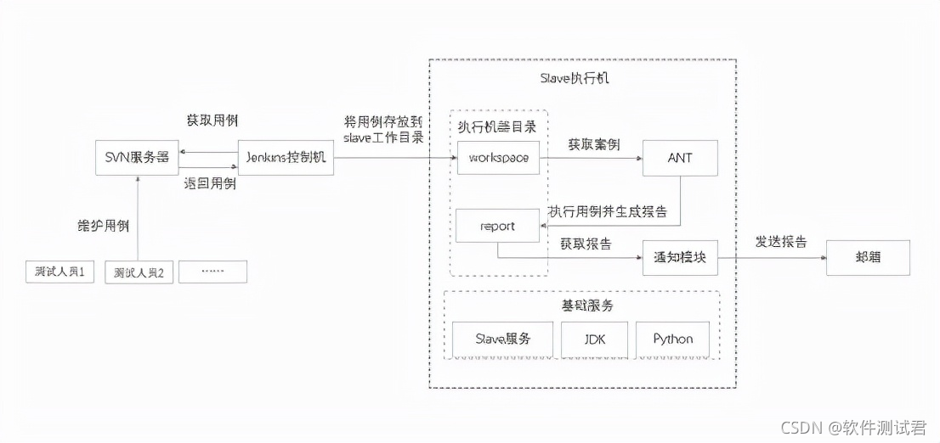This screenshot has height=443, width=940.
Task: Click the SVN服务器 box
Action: tap(137, 158)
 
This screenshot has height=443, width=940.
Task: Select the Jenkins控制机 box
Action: tap(286, 158)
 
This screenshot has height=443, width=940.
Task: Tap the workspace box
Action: tap(498, 158)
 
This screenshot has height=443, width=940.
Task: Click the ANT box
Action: tap(680, 158)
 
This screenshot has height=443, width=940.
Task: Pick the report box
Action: tap(498, 227)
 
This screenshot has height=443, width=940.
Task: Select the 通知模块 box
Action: tap(680, 257)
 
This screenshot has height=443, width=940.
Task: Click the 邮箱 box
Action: tap(868, 257)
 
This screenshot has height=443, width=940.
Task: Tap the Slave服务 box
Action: tap(502, 339)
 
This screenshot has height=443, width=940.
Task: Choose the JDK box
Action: tap(594, 339)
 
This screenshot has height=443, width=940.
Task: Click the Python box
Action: tap(672, 339)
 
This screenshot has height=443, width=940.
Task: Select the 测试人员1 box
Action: tap(59, 272)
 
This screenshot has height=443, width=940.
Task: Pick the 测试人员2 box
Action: tap(139, 272)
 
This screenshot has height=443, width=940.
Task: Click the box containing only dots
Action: tap(212, 272)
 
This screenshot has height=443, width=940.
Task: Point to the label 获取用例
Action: tap(212, 120)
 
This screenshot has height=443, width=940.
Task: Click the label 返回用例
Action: tap(210, 183)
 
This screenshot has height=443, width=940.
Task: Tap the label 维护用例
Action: tap(103, 226)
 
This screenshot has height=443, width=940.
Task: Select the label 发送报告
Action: tap(781, 242)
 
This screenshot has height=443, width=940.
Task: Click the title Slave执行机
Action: tap(575, 79)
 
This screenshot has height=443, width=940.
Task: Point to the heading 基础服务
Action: tap(582, 306)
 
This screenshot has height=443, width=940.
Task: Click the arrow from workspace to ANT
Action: tap(591, 158)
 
